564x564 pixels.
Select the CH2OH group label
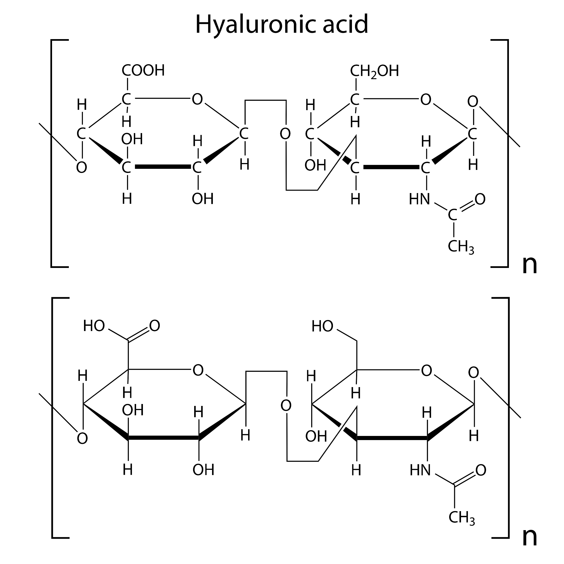374,71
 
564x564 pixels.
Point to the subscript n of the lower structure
529,536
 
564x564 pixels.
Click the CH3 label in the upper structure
461,247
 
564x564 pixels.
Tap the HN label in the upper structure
419,199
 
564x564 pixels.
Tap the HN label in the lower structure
420,470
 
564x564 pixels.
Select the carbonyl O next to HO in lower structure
155,326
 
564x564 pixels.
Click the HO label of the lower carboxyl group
94,326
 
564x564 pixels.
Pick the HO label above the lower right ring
322,326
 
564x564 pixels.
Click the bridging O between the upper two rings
285,134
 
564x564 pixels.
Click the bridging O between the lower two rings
286,405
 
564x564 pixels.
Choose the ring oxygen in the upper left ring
197,99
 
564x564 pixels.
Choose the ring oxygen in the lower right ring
427,370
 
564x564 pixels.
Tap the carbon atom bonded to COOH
126,99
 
